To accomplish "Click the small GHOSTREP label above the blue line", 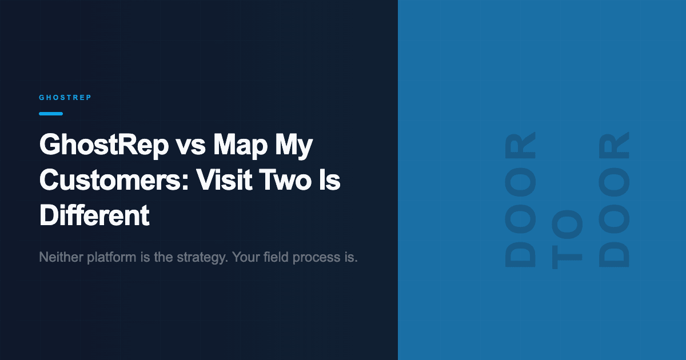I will (65, 98).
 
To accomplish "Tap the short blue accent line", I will (51, 114).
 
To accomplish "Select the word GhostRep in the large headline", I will (103, 147).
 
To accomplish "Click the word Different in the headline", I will (94, 215).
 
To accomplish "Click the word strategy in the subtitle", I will (201, 257).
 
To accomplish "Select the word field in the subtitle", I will (277, 257).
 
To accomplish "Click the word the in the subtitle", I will (162, 257).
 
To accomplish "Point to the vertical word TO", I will (567, 241).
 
